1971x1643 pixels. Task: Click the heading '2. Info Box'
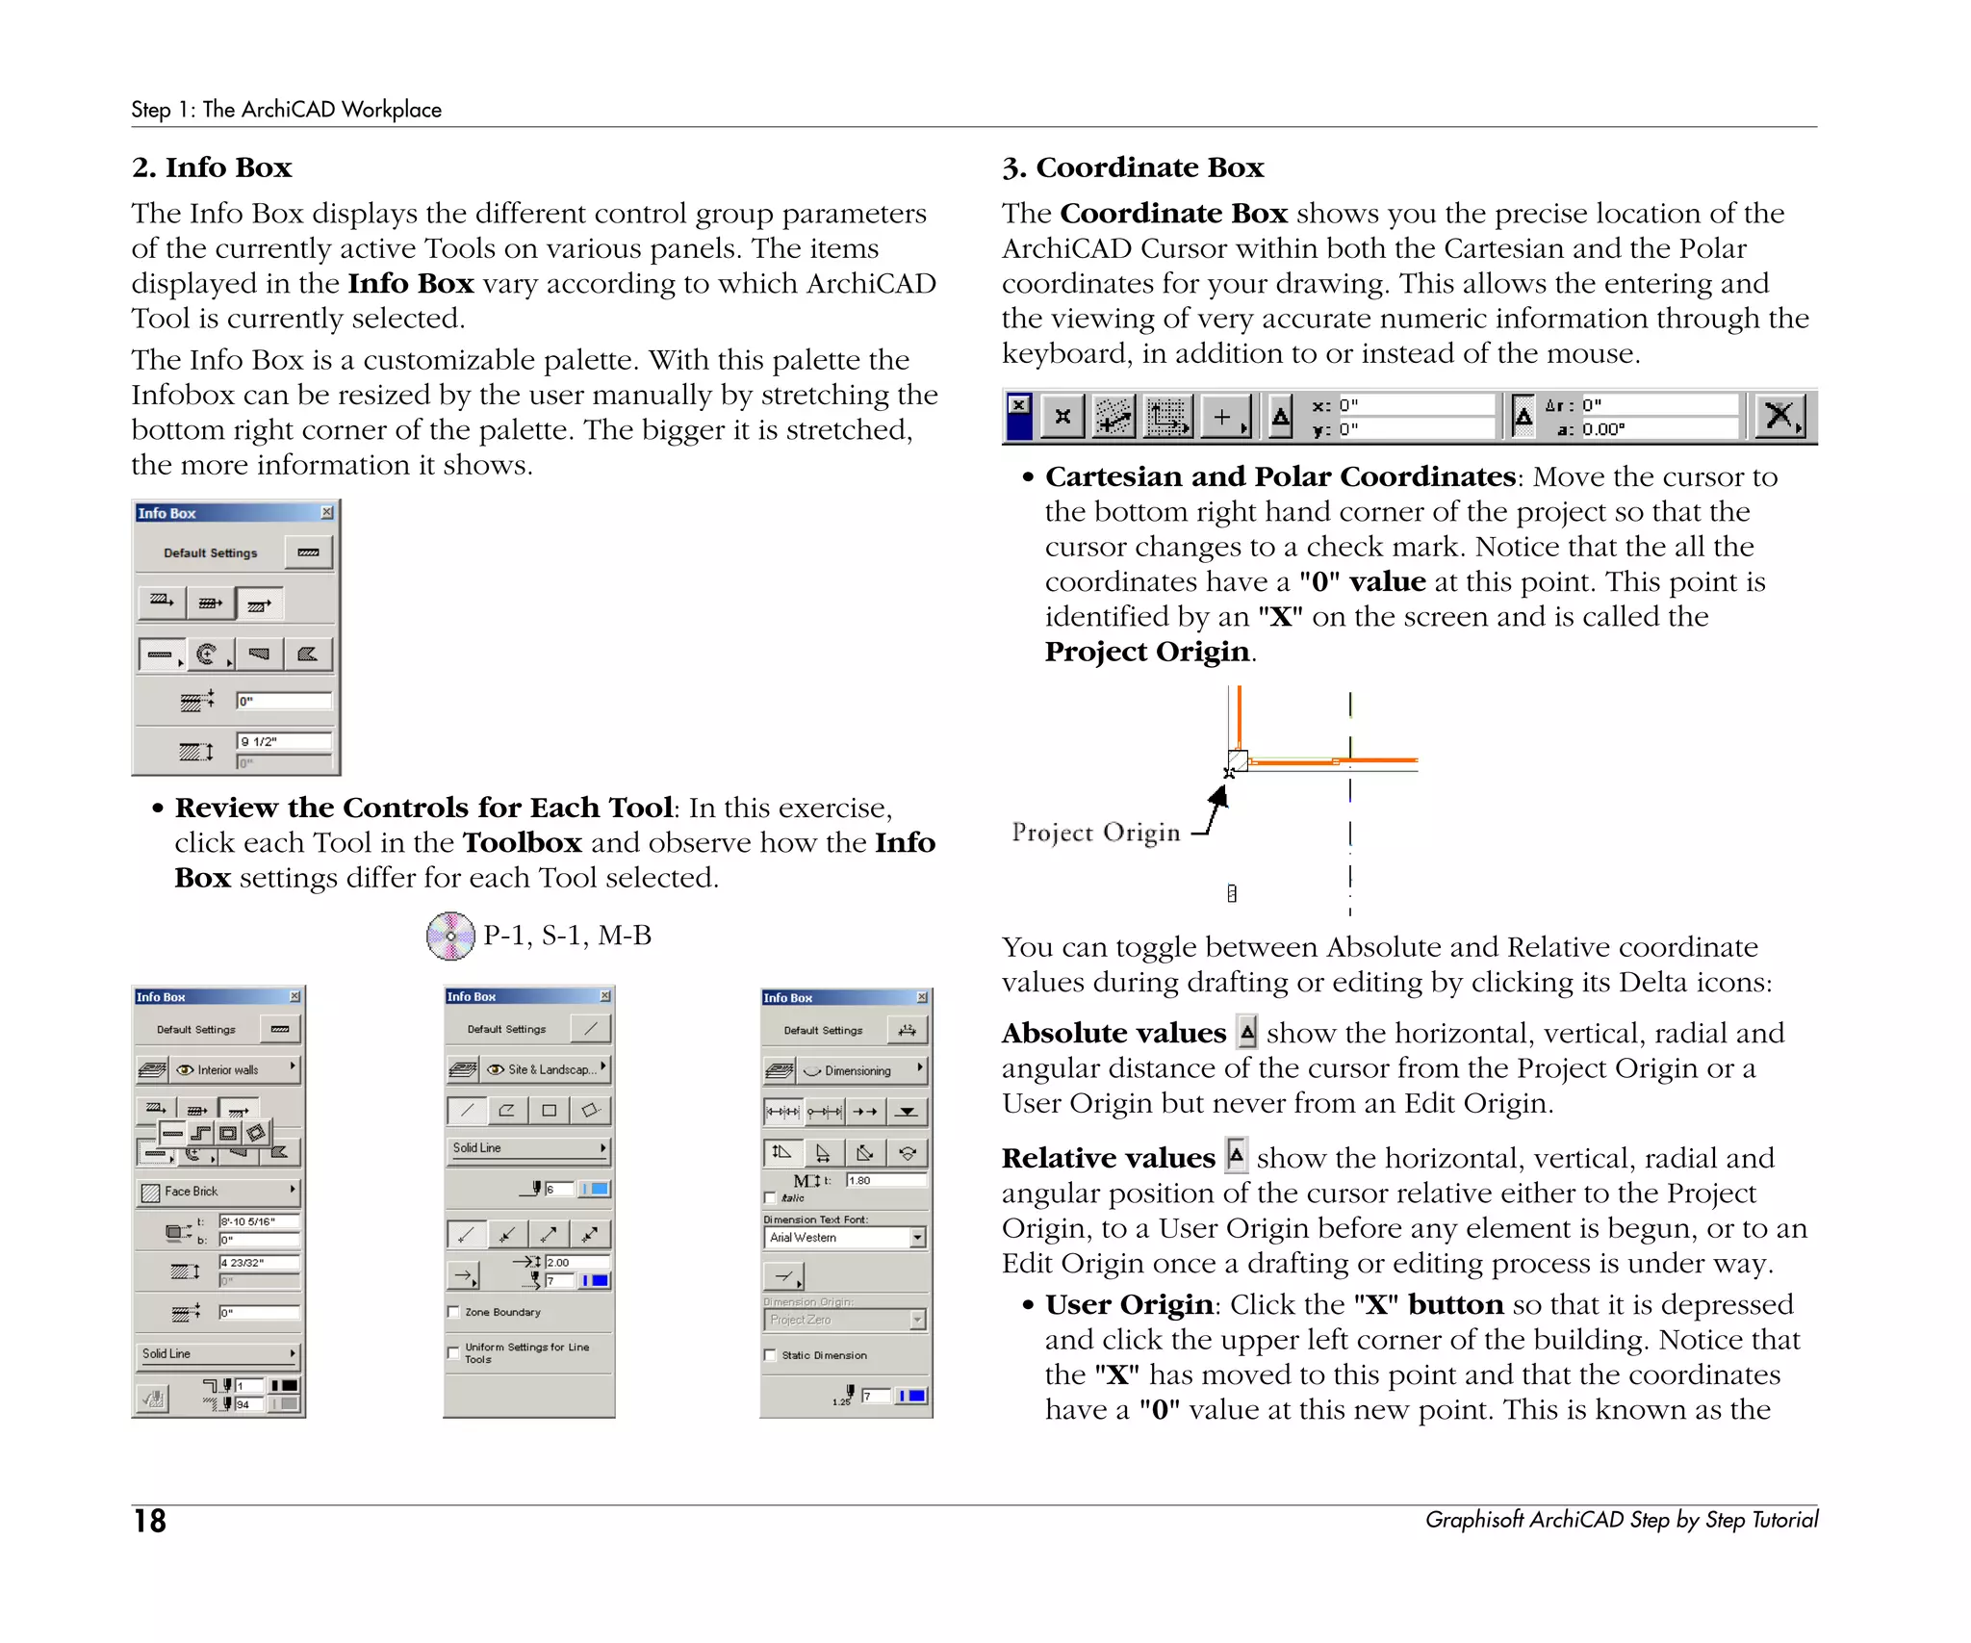[x=212, y=167]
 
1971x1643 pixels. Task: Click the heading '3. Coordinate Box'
[x=1132, y=167]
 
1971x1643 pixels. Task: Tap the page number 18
[x=149, y=1521]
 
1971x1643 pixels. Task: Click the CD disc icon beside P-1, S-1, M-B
[x=450, y=936]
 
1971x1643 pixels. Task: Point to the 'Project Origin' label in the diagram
[x=1095, y=833]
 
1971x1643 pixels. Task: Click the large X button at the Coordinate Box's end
[x=1779, y=416]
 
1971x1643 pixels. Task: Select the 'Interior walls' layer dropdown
[x=235, y=1069]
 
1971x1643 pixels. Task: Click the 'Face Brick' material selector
[x=218, y=1192]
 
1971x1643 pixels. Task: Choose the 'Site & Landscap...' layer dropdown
[x=546, y=1069]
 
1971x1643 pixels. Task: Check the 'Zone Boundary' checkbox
[x=453, y=1312]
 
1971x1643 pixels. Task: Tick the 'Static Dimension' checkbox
[x=770, y=1355]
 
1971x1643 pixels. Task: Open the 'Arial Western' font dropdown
[x=845, y=1238]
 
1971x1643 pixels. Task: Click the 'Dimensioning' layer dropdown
[x=859, y=1070]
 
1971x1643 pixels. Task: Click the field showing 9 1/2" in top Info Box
[x=284, y=741]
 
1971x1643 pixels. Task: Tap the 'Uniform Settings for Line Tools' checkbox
[x=453, y=1352]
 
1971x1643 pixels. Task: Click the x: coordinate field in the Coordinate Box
[x=1415, y=404]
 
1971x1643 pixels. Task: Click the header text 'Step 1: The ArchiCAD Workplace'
[x=286, y=110]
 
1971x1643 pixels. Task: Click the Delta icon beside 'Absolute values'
[x=1247, y=1033]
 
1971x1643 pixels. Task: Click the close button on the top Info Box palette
[x=327, y=513]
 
